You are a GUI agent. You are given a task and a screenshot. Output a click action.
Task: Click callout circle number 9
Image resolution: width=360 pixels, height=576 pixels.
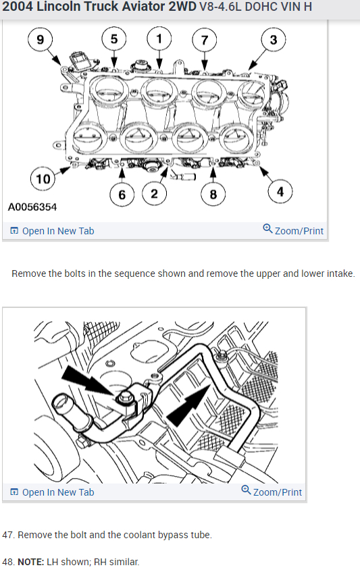[x=41, y=40]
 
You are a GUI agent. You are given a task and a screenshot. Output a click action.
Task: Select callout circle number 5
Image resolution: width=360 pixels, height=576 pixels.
[x=114, y=39]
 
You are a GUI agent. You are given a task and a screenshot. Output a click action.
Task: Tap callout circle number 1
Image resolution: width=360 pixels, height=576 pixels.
[x=159, y=38]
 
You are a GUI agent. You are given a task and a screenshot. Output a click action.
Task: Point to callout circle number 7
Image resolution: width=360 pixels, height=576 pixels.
[x=205, y=40]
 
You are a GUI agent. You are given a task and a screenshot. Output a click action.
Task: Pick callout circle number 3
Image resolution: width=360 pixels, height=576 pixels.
[x=274, y=40]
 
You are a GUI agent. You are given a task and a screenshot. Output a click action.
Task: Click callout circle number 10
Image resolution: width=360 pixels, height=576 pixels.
[x=43, y=178]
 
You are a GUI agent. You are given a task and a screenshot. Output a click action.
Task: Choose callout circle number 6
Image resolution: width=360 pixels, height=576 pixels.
[x=122, y=194]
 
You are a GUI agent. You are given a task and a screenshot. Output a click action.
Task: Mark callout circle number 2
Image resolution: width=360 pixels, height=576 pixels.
[x=154, y=193]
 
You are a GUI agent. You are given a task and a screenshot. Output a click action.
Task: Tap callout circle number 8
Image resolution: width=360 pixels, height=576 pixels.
[x=213, y=194]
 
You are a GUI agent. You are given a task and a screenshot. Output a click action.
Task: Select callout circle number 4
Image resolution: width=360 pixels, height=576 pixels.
[x=280, y=191]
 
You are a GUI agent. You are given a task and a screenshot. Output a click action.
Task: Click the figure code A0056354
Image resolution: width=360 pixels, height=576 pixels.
[x=32, y=207]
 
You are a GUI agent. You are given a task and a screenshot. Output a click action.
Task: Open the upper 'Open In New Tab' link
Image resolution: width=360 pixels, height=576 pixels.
[x=52, y=231]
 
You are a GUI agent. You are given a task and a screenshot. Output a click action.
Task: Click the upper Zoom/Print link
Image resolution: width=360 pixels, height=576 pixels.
[x=293, y=230]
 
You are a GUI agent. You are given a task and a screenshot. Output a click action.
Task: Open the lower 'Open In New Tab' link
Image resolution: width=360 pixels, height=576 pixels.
[x=52, y=492]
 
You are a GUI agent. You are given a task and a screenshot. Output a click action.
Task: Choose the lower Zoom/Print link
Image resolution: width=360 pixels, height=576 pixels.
[x=272, y=492]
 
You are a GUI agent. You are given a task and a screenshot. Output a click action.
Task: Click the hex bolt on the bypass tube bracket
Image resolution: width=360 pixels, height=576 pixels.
[x=125, y=398]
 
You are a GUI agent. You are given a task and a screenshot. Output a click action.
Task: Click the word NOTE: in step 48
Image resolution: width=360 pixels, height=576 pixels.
[x=31, y=562]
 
